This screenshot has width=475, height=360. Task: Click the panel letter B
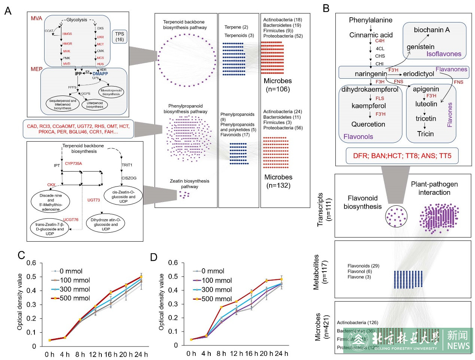326,9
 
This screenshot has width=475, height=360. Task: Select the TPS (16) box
119,36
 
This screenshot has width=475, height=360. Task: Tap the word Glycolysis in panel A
77,20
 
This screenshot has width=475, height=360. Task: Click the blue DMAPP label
100,74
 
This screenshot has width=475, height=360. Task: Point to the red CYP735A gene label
73,164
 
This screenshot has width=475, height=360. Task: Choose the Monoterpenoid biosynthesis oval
111,92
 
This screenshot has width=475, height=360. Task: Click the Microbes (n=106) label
278,85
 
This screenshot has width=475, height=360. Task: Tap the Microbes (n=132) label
278,181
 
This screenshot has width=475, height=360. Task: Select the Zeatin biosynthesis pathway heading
189,184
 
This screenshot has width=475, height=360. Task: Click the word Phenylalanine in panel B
371,20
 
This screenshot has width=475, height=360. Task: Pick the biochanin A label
432,30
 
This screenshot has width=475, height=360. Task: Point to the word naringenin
371,74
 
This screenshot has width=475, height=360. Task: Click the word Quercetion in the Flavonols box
368,124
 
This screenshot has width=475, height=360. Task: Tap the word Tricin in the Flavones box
425,134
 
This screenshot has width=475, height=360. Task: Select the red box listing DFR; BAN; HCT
402,156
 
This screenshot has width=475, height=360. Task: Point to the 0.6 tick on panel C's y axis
31,263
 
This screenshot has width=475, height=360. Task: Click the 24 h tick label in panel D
281,354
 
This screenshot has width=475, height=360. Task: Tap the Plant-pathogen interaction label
434,188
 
